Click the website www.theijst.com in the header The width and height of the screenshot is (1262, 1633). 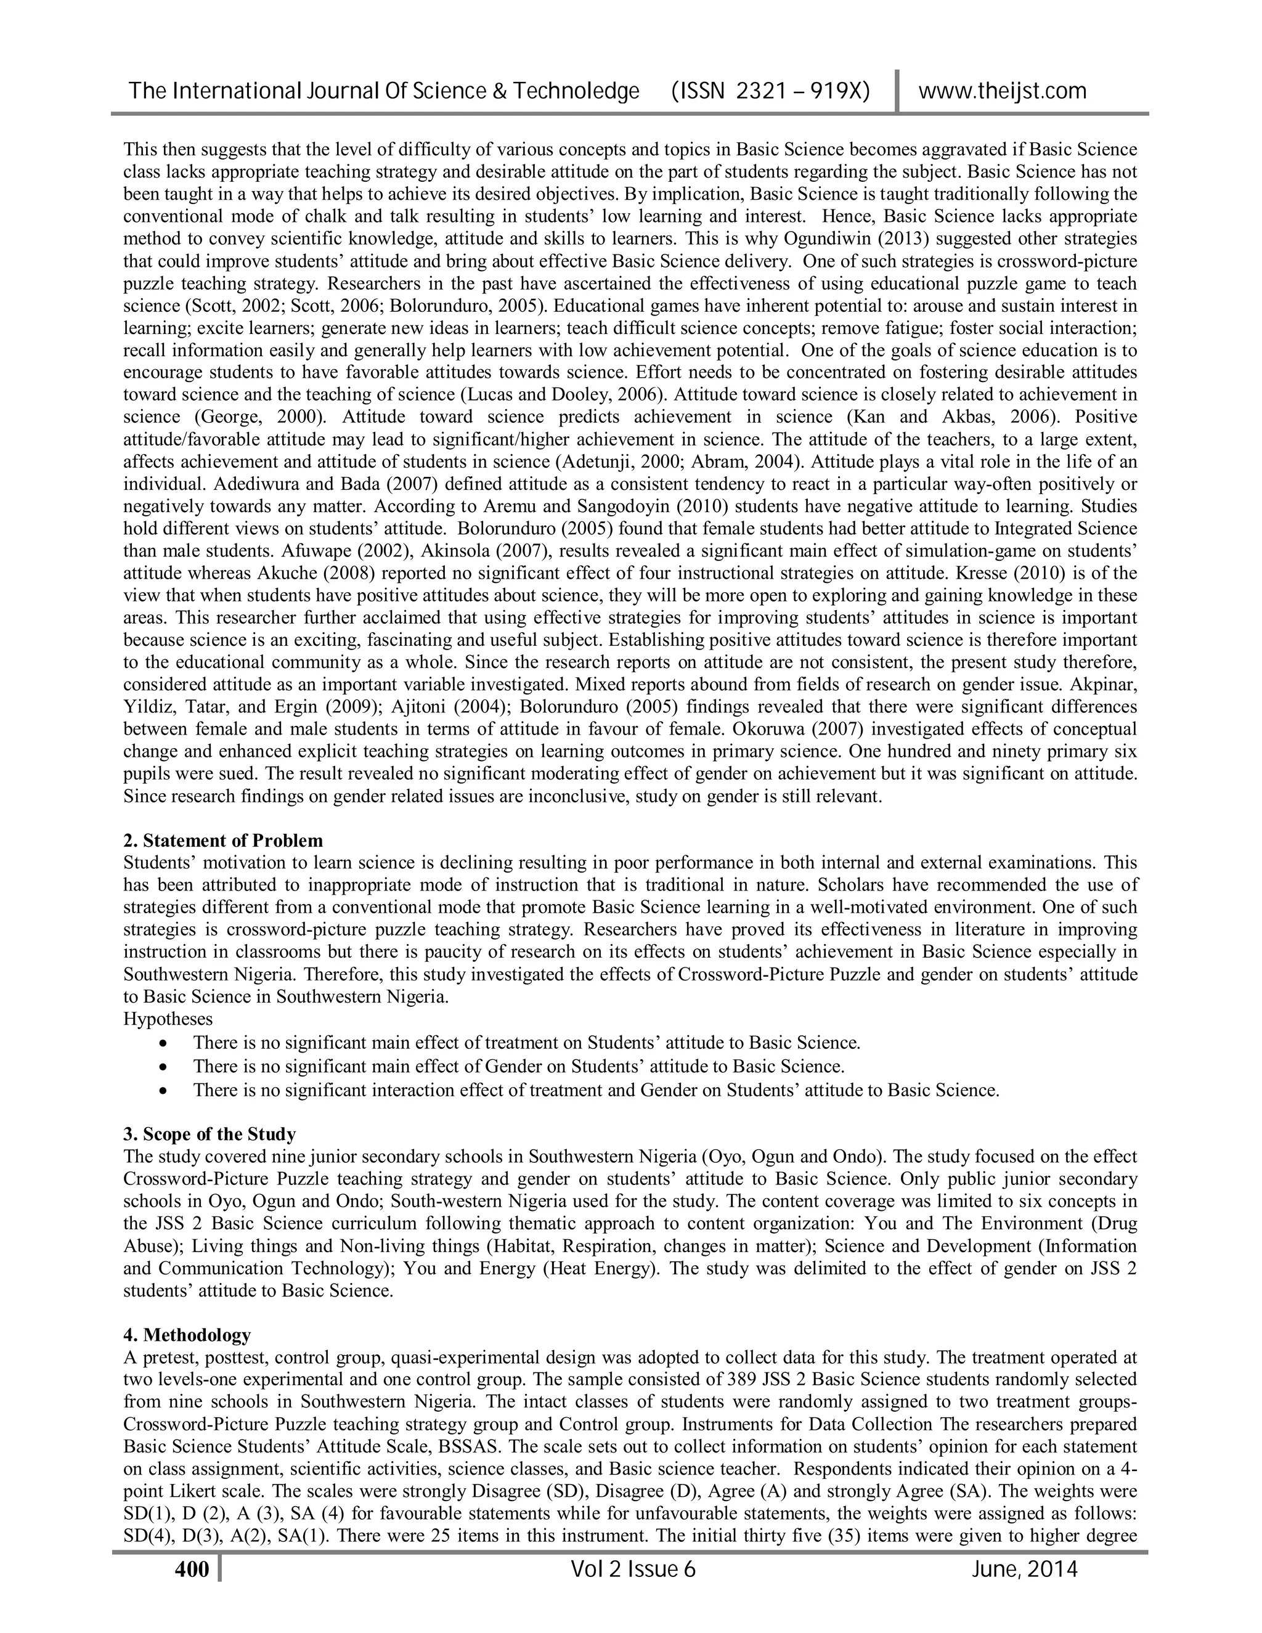coord(1002,91)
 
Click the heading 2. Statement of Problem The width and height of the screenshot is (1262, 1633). coord(223,841)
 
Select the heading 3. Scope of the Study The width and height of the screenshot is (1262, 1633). coord(210,1134)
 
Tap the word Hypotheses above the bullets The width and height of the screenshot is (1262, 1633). coord(168,1019)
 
